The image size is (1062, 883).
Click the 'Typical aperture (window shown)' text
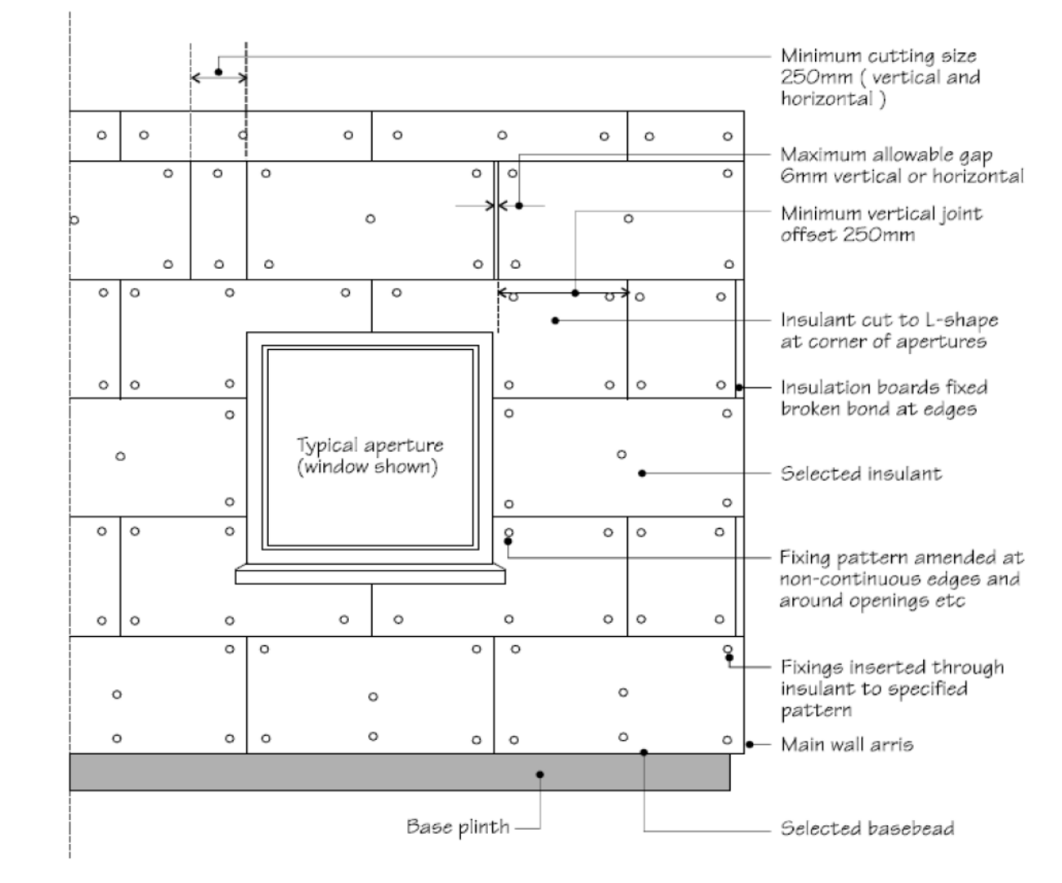pos(370,456)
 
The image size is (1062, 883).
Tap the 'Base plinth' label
pos(457,827)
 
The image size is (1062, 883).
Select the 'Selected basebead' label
pos(867,828)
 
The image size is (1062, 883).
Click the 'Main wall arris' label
pos(847,744)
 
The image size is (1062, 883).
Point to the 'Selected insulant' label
pos(860,473)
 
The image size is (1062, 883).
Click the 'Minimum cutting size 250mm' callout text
pos(880,78)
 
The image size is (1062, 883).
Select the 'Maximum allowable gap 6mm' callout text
pos(901,165)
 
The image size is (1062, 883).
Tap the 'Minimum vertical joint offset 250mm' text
pos(881,224)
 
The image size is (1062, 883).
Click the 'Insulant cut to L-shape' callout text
pos(889,330)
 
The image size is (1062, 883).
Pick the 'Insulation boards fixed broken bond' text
pos(883,397)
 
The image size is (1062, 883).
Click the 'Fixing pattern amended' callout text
pos(900,579)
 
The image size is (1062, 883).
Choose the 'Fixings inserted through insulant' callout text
pos(891,688)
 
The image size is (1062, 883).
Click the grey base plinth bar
pos(327,773)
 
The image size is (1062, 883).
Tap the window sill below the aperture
pos(370,576)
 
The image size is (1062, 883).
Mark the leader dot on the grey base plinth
pos(540,774)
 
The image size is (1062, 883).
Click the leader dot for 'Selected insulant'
pos(643,473)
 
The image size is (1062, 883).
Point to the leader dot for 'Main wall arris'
pos(750,744)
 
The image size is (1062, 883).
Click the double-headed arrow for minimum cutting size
pos(218,78)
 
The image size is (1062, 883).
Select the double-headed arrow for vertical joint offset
pos(563,293)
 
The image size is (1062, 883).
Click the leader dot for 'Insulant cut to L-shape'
pos(555,320)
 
